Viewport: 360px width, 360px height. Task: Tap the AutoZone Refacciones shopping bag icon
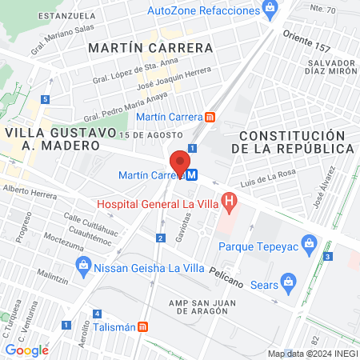(270, 10)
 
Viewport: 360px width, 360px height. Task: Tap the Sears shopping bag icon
(289, 282)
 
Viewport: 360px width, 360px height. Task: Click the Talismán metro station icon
(142, 326)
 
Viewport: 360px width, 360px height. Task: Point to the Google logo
(26, 350)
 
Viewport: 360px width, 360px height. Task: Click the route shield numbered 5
(46, 99)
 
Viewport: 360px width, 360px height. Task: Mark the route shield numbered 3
(328, 256)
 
